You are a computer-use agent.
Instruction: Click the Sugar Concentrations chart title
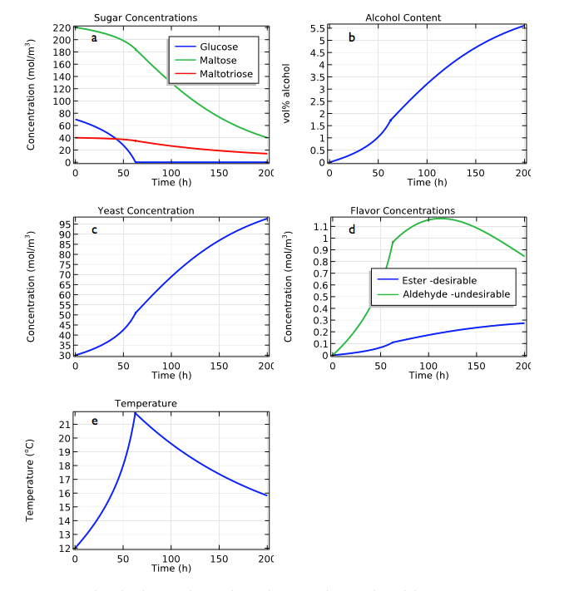coord(146,17)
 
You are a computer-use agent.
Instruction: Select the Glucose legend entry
coord(219,47)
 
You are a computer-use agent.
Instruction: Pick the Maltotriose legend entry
coord(227,74)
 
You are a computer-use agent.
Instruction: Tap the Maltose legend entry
coord(219,60)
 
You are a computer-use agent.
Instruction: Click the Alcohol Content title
coord(403,17)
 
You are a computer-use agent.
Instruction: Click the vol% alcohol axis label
coord(287,93)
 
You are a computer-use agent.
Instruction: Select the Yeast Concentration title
coord(146,210)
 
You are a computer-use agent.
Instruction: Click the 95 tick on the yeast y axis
coord(65,224)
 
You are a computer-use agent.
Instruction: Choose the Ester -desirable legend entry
coord(439,280)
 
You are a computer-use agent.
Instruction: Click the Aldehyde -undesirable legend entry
coord(456,294)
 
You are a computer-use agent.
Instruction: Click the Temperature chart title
coord(146,403)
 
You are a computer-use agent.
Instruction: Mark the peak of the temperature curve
coord(135,412)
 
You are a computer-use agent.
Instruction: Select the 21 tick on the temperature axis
coord(66,424)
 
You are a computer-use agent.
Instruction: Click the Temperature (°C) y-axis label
coord(31,480)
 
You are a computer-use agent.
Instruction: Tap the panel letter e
coord(94,421)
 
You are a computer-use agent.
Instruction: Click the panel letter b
coord(351,37)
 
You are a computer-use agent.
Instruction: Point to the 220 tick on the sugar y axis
coord(62,28)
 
